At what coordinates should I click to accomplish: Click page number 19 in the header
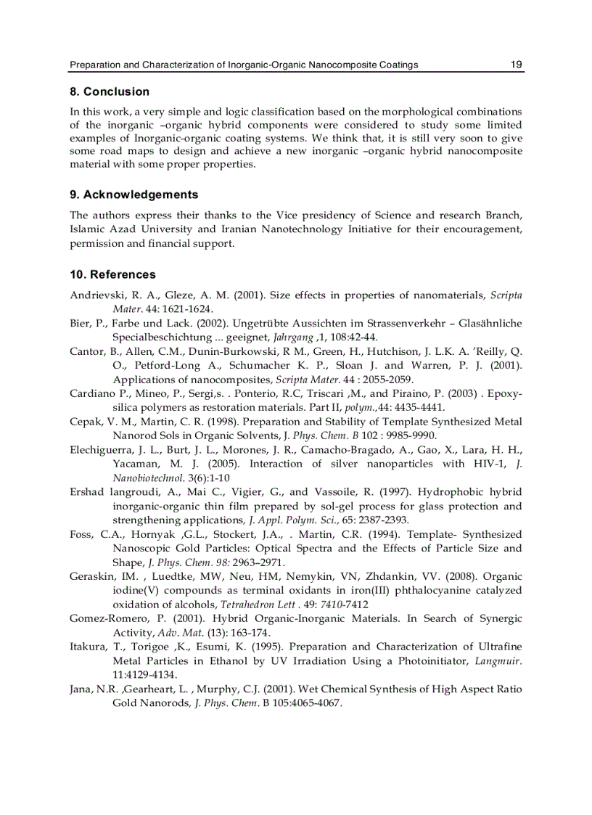pyautogui.click(x=516, y=65)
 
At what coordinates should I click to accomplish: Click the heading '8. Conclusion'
pyautogui.click(x=110, y=91)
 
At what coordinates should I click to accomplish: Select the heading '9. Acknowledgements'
pyautogui.click(x=133, y=194)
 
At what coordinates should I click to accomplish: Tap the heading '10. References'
pyautogui.click(x=112, y=274)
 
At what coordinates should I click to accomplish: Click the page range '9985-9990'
pyautogui.click(x=410, y=435)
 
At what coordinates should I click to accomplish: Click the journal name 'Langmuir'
pyautogui.click(x=498, y=660)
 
